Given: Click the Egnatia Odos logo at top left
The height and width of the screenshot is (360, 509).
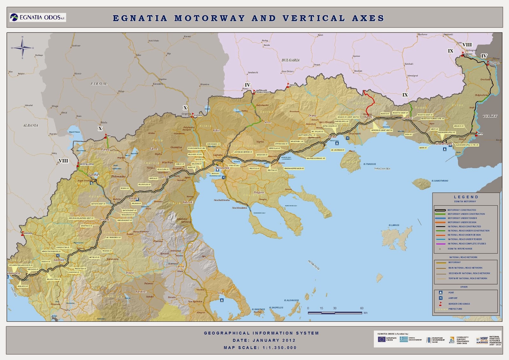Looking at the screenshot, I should tap(38, 18).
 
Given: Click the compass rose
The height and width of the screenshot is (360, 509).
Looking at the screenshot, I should tap(22, 48).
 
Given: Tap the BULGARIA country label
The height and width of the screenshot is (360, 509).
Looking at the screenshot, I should tap(290, 60).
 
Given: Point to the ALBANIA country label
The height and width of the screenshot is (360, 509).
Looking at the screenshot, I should tap(31, 126).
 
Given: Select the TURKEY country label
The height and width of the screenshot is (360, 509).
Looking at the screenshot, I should tap(490, 116).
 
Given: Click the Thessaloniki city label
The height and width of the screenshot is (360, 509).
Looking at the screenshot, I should tap(222, 168).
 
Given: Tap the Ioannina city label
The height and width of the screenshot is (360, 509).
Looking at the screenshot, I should tap(59, 260).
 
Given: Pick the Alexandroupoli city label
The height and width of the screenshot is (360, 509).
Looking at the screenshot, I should tap(443, 144).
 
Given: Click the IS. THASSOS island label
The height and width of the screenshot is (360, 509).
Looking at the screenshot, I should tap(369, 164).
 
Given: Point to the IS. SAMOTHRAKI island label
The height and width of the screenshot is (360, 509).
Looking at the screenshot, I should tap(440, 181).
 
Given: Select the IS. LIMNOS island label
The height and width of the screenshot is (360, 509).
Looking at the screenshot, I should tap(394, 225).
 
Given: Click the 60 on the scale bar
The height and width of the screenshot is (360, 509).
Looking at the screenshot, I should tap(362, 308).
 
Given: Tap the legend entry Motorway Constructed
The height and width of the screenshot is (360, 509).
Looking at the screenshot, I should tap(462, 210).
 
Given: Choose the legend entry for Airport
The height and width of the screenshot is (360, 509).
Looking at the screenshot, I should tap(453, 298).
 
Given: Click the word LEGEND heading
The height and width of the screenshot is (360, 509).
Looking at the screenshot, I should tap(466, 197).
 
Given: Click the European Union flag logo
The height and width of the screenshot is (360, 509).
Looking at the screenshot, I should tap(381, 339).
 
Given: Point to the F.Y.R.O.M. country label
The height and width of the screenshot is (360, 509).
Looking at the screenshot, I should tap(99, 84).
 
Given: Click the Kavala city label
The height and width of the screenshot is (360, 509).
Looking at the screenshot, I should tap(332, 137).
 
